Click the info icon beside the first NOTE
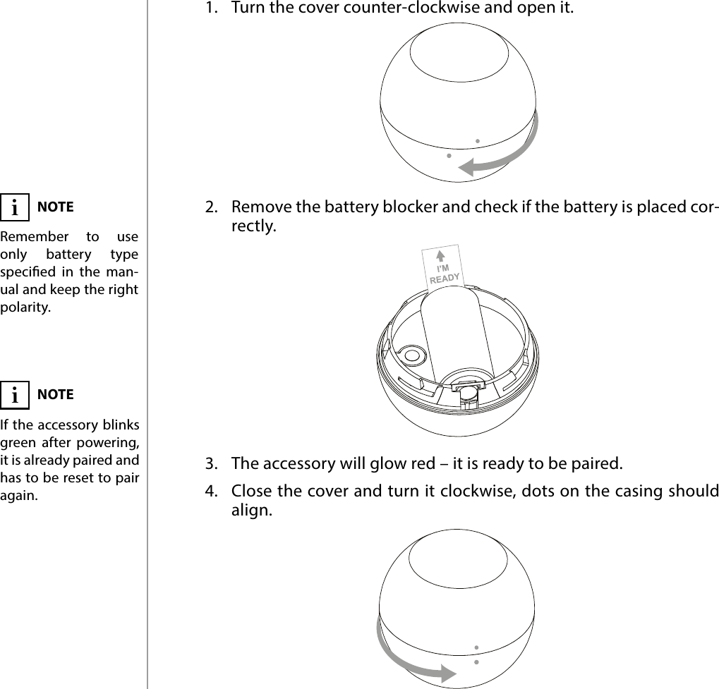pos(15,208)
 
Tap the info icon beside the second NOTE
pos(15,395)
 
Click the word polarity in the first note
pos(25,307)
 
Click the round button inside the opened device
pos(410,355)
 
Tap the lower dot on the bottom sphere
pos(476,662)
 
